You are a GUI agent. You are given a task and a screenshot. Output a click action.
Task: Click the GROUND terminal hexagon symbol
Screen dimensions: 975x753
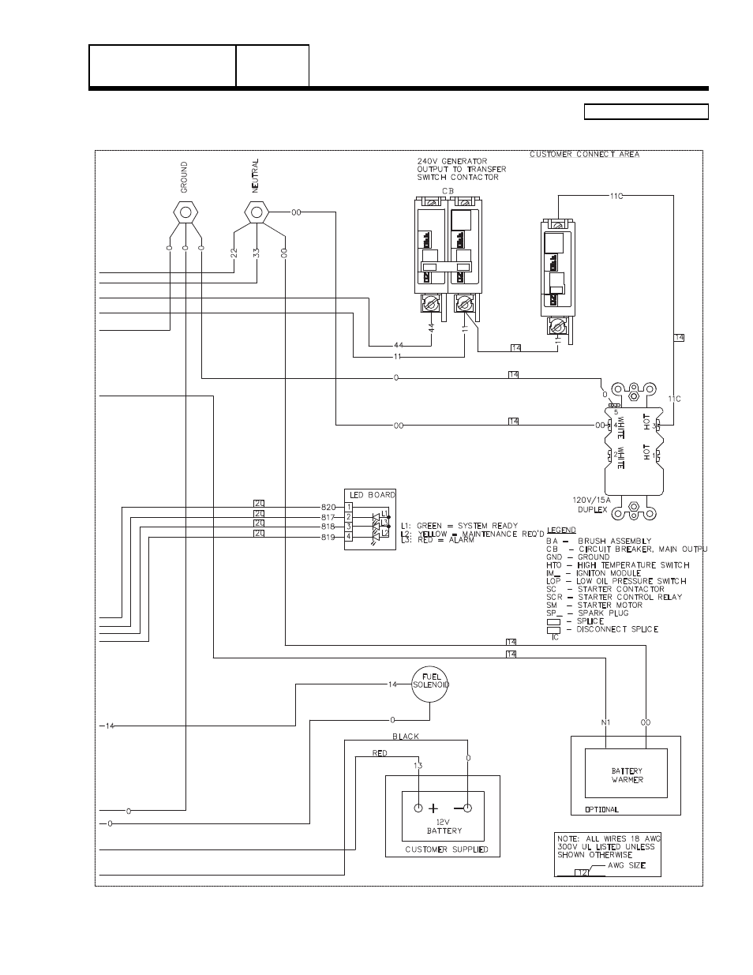[x=185, y=212]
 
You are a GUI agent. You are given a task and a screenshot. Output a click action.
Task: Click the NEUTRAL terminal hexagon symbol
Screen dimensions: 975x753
[x=256, y=212]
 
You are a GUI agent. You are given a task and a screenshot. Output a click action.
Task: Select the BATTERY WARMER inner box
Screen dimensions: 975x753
[x=627, y=774]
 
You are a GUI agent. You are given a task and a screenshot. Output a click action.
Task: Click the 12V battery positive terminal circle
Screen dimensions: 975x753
[x=418, y=808]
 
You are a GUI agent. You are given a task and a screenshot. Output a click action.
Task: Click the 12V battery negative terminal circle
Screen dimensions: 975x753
[x=467, y=808]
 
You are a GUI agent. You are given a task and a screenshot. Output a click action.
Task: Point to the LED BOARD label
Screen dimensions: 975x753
[x=370, y=494]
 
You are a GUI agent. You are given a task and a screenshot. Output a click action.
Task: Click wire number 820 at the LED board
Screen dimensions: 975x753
[x=328, y=506]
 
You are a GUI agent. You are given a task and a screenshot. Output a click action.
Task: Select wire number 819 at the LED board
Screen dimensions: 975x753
[x=328, y=536]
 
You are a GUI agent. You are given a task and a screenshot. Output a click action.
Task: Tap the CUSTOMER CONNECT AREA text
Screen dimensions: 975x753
[x=584, y=154]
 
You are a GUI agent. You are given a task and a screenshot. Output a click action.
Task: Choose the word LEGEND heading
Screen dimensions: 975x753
[x=561, y=529]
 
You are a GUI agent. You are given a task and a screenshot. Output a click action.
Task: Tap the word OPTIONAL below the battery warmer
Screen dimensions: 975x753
[x=601, y=809]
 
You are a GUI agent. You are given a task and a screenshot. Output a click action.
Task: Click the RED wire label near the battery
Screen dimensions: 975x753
[x=380, y=753]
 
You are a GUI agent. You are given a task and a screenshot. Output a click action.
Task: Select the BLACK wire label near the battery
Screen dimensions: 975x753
[x=406, y=736]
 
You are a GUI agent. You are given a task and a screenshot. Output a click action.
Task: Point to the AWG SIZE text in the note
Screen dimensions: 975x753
[x=626, y=865]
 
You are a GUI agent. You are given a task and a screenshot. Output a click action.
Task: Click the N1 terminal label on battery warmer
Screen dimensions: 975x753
[x=605, y=722]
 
